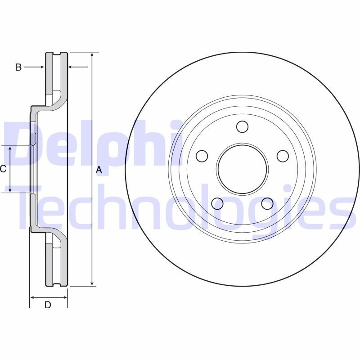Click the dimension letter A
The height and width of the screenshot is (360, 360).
99,170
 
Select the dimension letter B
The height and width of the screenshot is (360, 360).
18,67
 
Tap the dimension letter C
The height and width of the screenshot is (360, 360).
3,169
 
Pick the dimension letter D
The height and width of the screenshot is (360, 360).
48,305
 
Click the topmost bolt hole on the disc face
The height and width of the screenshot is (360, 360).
242,127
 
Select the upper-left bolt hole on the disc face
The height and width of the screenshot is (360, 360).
202,156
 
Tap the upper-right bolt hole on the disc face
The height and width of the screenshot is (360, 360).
282,156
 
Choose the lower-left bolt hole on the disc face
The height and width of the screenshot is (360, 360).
217,203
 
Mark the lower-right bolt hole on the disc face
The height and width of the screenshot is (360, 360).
267,203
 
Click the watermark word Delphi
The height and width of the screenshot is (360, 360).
90,143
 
